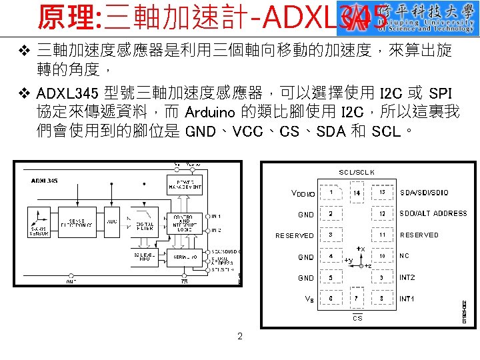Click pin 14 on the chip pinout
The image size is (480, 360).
357,193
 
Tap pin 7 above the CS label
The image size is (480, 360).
357,299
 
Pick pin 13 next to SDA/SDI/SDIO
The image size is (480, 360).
383,193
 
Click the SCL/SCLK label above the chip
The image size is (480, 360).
357,172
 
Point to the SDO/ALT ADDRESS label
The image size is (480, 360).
433,214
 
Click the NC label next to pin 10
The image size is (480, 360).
404,256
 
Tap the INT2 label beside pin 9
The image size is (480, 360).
407,277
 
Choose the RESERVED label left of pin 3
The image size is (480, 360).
295,235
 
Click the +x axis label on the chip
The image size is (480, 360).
360,249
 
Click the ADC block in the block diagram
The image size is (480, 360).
112,221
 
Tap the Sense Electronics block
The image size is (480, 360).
77,221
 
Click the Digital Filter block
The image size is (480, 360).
145,225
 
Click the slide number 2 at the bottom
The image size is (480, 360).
240,336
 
